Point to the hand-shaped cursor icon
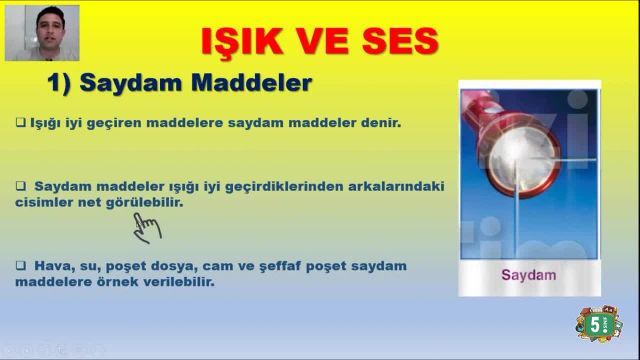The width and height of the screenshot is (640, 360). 147,227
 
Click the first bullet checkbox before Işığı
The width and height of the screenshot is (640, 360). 21,123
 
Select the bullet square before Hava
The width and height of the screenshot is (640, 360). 21,266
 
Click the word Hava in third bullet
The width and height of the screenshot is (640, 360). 50,266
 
